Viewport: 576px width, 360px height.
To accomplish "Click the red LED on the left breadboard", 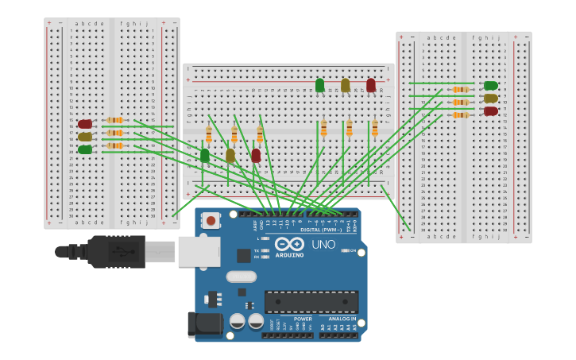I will point(85,124).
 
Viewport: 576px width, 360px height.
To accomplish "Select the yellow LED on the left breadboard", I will point(85,137).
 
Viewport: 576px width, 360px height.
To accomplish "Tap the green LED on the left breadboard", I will point(85,149).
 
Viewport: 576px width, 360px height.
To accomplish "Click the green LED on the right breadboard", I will point(491,86).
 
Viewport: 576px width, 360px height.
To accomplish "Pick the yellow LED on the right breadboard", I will point(491,99).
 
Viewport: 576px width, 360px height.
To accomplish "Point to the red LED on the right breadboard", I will point(491,111).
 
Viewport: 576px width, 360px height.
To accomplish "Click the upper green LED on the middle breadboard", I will point(319,84).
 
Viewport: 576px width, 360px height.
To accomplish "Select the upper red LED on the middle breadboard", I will point(370,84).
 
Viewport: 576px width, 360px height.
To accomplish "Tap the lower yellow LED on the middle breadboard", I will point(230,155).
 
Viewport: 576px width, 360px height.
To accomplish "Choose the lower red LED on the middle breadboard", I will point(256,155).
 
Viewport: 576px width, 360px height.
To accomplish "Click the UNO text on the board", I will point(323,245).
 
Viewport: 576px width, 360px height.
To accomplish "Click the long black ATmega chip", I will point(311,302).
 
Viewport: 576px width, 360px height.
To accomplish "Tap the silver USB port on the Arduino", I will point(199,251).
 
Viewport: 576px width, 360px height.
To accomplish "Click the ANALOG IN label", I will point(342,319).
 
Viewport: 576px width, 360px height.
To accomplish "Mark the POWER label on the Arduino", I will point(303,319).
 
